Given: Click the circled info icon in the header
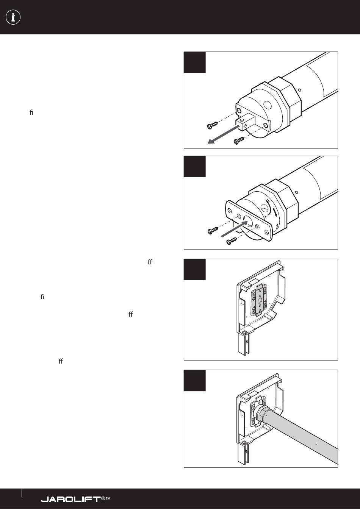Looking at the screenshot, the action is pyautogui.click(x=13, y=17).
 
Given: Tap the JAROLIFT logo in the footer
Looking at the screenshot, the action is pyautogui.click(x=71, y=499).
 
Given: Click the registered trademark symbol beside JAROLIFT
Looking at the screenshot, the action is pyautogui.click(x=103, y=498).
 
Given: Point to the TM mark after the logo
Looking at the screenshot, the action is pyautogui.click(x=108, y=498).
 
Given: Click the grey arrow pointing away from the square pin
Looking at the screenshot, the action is pyautogui.click(x=223, y=134).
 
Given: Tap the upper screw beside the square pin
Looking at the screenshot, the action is pyautogui.click(x=213, y=125).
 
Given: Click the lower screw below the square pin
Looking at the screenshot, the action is pyautogui.click(x=239, y=141).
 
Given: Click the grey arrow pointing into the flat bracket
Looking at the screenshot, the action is pyautogui.click(x=234, y=229).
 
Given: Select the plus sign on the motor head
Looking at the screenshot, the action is pyautogui.click(x=265, y=216).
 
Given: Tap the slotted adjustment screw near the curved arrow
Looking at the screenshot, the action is pyautogui.click(x=264, y=208).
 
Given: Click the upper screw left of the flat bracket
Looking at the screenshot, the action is pyautogui.click(x=213, y=231).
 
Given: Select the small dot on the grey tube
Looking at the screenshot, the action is pyautogui.click(x=316, y=444).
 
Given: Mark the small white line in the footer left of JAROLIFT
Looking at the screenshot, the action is pyautogui.click(x=22, y=493).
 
